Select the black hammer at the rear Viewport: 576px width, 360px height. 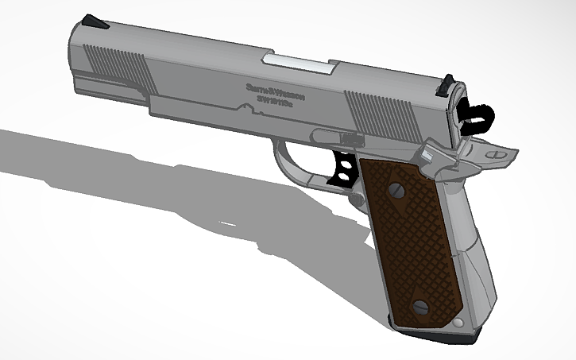475,114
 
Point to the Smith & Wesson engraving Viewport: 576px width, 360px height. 275,90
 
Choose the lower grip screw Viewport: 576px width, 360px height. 421,306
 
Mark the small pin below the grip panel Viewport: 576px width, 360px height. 458,324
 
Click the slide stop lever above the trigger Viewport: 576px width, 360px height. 334,136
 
